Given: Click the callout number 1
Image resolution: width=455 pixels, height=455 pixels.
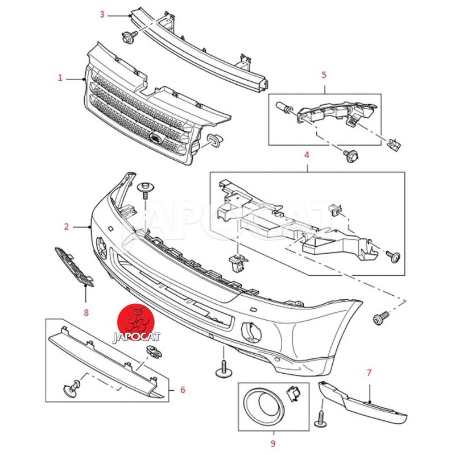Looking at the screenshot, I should (x=60, y=78).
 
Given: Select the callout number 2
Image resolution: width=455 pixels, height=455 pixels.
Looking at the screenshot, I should (x=67, y=226).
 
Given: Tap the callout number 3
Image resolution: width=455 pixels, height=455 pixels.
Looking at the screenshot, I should (x=102, y=14).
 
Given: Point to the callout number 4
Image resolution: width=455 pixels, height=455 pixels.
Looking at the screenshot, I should (x=307, y=154).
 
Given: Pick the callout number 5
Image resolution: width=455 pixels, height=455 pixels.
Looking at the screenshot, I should (x=324, y=75).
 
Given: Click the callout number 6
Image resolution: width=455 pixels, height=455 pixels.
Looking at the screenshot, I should (x=183, y=390).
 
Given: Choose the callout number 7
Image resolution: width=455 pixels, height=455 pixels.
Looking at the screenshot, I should (x=369, y=373).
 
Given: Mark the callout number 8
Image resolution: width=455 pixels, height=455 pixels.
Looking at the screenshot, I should (x=86, y=312).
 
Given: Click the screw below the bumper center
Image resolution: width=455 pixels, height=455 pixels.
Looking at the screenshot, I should (x=223, y=369).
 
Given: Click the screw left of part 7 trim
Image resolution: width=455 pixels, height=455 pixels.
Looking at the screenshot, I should (x=320, y=419).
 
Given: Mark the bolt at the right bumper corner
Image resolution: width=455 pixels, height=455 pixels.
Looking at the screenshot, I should (x=379, y=317).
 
